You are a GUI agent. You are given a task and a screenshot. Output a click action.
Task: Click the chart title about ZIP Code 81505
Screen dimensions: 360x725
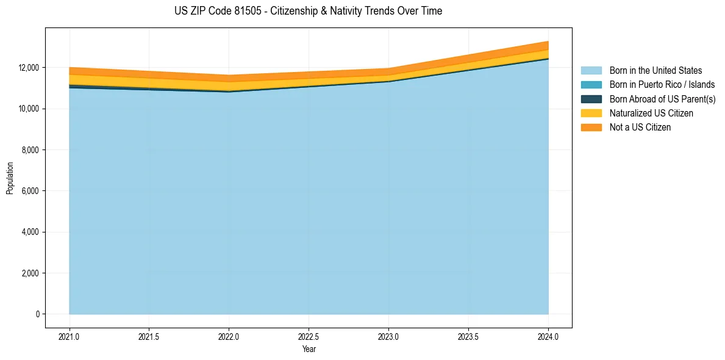pyautogui.click(x=308, y=11)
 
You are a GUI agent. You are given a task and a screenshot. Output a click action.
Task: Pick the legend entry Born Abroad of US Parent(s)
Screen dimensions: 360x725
pyautogui.click(x=662, y=99)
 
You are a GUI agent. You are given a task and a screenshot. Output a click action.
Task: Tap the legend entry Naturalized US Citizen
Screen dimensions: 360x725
pyautogui.click(x=651, y=113)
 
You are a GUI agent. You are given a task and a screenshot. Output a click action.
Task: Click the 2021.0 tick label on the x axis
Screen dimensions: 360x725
pyautogui.click(x=70, y=336)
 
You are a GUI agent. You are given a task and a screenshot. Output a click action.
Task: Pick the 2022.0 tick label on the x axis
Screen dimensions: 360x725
pyautogui.click(x=229, y=336)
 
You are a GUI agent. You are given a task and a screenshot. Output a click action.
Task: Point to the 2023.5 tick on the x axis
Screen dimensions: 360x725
pyautogui.click(x=468, y=336)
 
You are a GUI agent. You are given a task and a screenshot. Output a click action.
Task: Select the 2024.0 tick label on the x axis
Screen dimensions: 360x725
pyautogui.click(x=548, y=336)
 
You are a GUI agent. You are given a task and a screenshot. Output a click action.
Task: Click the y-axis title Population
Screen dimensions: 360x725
pyautogui.click(x=10, y=178)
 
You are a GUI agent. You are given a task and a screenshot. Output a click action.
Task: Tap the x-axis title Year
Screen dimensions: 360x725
pyautogui.click(x=309, y=349)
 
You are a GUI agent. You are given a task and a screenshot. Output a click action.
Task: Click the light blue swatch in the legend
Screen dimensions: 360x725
pyautogui.click(x=591, y=71)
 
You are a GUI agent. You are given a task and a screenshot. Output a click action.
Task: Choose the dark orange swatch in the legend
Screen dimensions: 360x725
pyautogui.click(x=591, y=128)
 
